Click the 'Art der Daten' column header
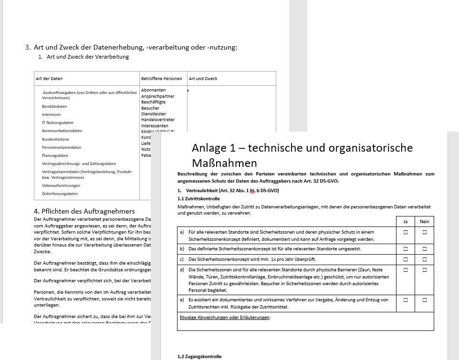[x=49, y=79]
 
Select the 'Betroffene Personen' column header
[x=161, y=79]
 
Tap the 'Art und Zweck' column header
[x=203, y=79]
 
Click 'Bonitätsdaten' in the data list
[x=54, y=106]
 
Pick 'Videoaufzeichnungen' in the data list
[x=61, y=185]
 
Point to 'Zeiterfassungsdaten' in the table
[x=60, y=194]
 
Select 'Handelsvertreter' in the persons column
[x=158, y=120]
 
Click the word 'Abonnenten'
[x=153, y=90]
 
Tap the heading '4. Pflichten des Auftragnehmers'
[x=85, y=211]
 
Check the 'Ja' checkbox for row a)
[x=406, y=232]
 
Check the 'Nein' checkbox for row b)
[x=424, y=249]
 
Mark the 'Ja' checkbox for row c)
[x=406, y=259]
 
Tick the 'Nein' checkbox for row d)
[x=424, y=270]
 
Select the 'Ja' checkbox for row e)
[x=406, y=300]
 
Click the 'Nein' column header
[x=424, y=221]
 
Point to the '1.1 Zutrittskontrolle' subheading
[x=198, y=198]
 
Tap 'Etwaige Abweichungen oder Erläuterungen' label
[x=225, y=318]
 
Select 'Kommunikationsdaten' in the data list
[x=62, y=131]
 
